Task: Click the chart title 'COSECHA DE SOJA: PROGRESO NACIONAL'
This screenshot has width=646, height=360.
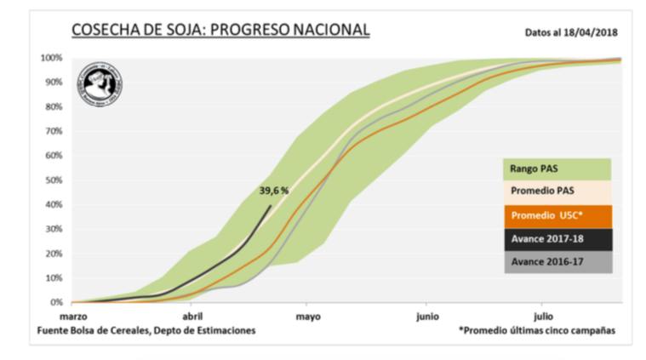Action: coord(220,31)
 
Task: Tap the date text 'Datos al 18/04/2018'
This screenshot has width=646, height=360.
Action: coord(570,33)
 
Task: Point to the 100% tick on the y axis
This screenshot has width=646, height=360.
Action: coord(50,58)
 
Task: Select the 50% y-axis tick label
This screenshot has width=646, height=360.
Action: coord(53,180)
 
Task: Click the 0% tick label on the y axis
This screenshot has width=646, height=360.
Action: coord(55,302)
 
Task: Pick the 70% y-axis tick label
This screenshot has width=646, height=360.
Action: coord(53,131)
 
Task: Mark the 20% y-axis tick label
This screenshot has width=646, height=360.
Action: coord(53,254)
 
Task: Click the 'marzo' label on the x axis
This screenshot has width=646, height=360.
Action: coord(86,316)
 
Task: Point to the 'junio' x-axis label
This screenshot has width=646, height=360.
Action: coord(427,316)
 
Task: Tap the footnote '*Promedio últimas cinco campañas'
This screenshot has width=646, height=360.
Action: coord(537,330)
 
